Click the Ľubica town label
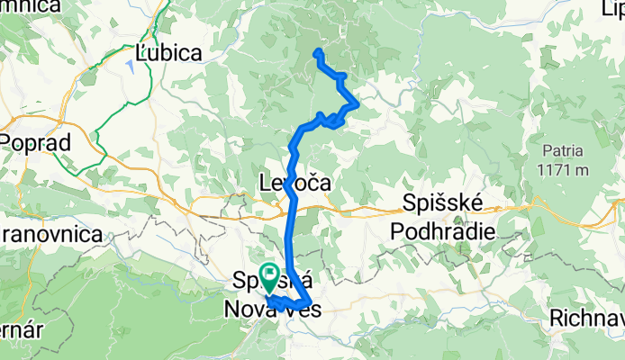168,53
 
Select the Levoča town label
294,183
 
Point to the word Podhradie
442,231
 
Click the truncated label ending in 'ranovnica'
50,234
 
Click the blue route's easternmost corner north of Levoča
358,105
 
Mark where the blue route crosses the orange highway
292,209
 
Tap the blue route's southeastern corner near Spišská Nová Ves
309,301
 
